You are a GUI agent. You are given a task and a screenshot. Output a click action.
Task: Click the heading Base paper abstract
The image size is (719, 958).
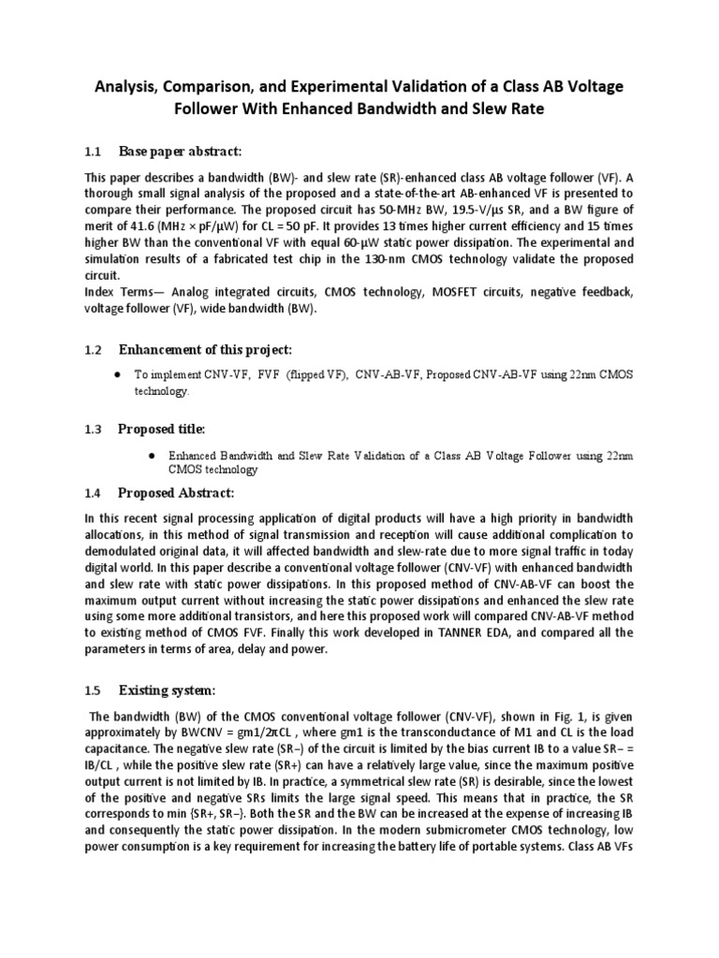tap(180, 151)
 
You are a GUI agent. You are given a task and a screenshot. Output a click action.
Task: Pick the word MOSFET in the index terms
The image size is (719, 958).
tap(458, 293)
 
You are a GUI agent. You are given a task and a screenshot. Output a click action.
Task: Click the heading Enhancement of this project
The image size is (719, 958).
tap(205, 349)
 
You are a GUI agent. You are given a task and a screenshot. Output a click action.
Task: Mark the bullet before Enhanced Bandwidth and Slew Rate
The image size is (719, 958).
tap(151, 455)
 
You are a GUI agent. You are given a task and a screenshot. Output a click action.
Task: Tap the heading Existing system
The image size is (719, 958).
tap(167, 690)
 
